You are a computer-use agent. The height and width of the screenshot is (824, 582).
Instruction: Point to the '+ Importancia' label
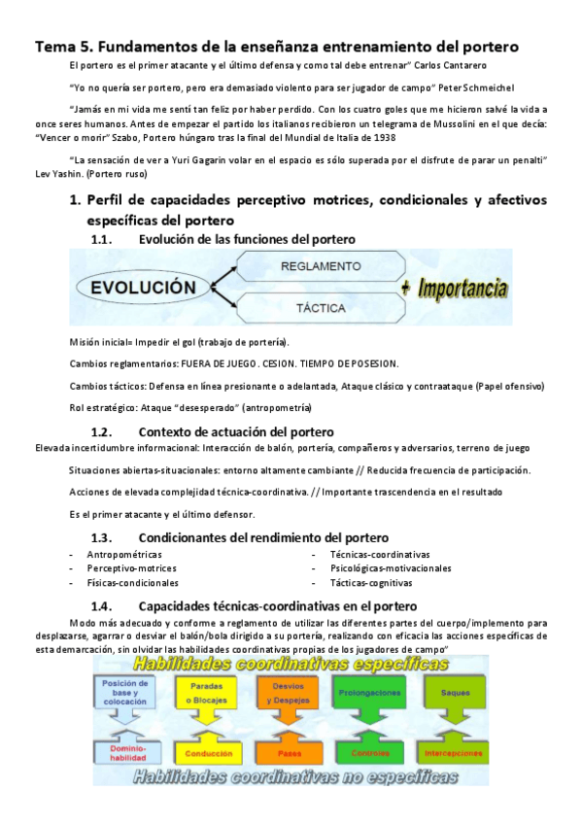coord(454,288)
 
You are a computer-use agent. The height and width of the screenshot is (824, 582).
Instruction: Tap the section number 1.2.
coord(103,431)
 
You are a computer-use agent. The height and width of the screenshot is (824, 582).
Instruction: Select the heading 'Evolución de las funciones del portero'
coord(247,239)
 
